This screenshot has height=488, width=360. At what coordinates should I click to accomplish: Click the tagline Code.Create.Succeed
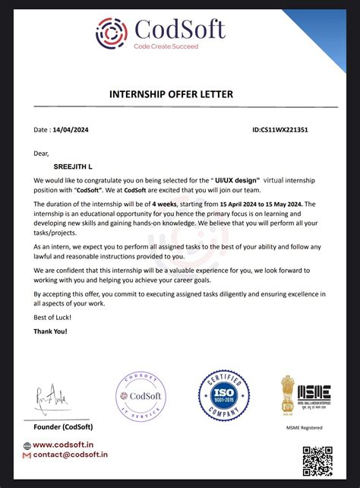pyautogui.click(x=166, y=47)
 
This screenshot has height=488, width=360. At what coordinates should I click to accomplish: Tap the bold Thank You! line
pyautogui.click(x=50, y=332)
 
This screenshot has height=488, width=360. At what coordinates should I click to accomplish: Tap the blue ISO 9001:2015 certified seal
pyautogui.click(x=224, y=396)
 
